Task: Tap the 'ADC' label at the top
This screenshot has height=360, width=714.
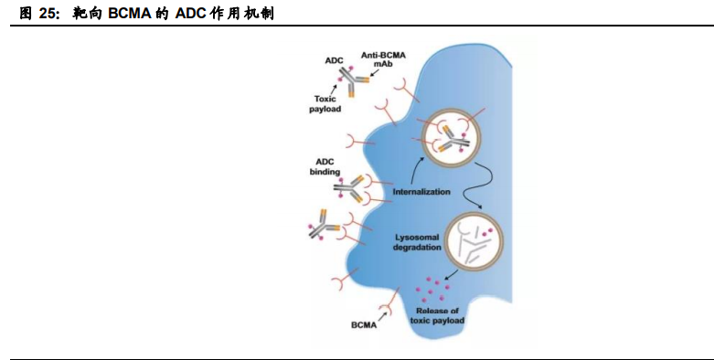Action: (x=334, y=60)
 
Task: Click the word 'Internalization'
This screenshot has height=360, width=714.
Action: (x=422, y=193)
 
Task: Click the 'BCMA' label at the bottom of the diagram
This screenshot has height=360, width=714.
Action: (x=364, y=324)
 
